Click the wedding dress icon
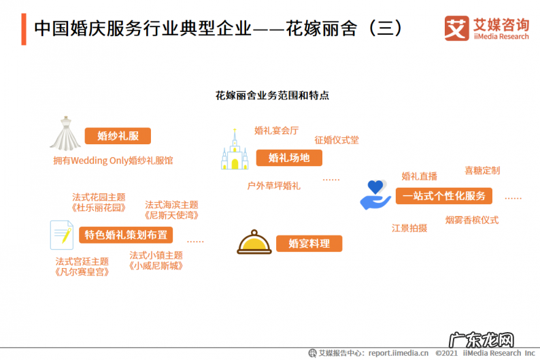tap(65, 133)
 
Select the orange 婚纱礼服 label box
tap(118, 136)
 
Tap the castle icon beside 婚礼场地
tap(235, 151)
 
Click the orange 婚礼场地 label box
tap(289, 159)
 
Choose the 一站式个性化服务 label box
tap(444, 196)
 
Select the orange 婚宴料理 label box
tap(309, 243)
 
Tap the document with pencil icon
tap(61, 235)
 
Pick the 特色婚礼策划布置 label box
tap(126, 235)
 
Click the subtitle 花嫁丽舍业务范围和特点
tap(272, 95)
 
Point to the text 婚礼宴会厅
tap(276, 130)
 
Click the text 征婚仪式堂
tap(336, 140)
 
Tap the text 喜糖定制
tap(482, 171)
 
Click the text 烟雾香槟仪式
tap(472, 220)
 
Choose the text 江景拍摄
tap(409, 228)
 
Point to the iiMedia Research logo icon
tap(454, 29)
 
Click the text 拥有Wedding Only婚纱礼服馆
tap(113, 161)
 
